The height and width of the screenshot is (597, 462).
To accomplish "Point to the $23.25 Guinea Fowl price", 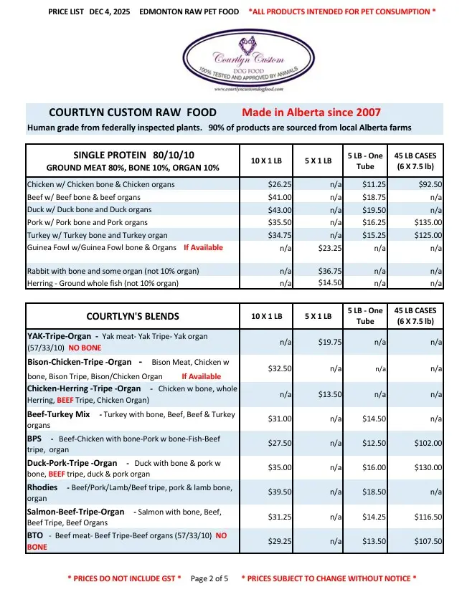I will point(330,248).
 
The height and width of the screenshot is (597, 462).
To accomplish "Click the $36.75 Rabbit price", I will point(330,272).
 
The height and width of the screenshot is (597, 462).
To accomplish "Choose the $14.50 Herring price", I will point(330,283).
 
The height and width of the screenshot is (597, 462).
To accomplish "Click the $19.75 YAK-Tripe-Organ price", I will point(330,343).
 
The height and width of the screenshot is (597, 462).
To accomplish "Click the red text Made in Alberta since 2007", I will point(311,113).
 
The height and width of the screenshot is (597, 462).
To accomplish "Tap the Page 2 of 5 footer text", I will point(209,578).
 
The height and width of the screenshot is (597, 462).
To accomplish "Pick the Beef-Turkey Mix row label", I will point(58,414).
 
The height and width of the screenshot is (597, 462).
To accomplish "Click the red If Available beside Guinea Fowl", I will point(203,248).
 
